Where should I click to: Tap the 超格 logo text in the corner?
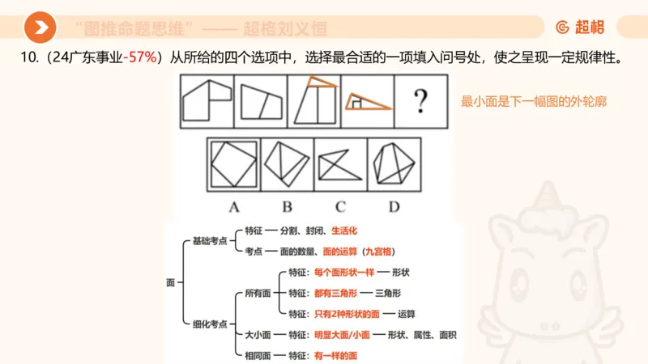point(580,28)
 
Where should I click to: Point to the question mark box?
point(420,102)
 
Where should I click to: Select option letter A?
point(233,206)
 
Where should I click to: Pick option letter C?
point(340,206)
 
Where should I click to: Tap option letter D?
point(394,206)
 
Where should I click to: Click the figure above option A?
point(233,163)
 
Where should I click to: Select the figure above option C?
point(340,163)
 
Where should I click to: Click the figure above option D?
point(394,163)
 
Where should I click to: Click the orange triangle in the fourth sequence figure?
point(369,102)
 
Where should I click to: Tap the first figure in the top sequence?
point(206,102)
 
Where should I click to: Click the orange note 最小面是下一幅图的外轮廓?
point(534,102)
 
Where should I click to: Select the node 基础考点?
point(210,240)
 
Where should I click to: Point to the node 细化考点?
point(210,324)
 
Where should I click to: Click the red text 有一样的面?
point(335,355)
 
